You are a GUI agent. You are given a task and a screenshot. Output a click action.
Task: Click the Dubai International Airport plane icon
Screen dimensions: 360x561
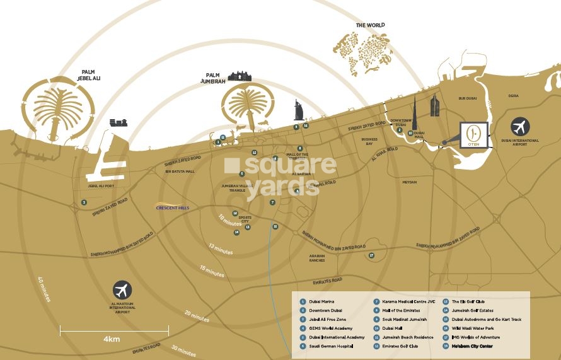[521, 126]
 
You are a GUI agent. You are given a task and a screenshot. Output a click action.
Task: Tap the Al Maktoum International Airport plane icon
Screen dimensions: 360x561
[123, 291]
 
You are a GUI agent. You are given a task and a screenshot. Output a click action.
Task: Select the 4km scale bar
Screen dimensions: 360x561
[114, 330]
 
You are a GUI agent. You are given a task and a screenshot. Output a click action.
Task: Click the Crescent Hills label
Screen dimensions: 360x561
[173, 207]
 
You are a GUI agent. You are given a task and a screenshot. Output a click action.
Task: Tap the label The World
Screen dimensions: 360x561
[369, 25]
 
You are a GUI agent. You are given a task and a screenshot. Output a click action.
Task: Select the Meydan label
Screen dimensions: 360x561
[410, 182]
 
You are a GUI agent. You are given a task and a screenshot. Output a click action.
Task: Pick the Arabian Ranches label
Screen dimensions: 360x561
[317, 258]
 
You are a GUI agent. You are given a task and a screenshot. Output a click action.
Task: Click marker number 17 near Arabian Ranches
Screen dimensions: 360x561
[372, 255]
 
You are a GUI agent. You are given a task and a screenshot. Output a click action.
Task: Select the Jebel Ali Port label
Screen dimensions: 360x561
[101, 186]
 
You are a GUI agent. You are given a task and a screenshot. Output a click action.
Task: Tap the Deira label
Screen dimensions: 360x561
[513, 95]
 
